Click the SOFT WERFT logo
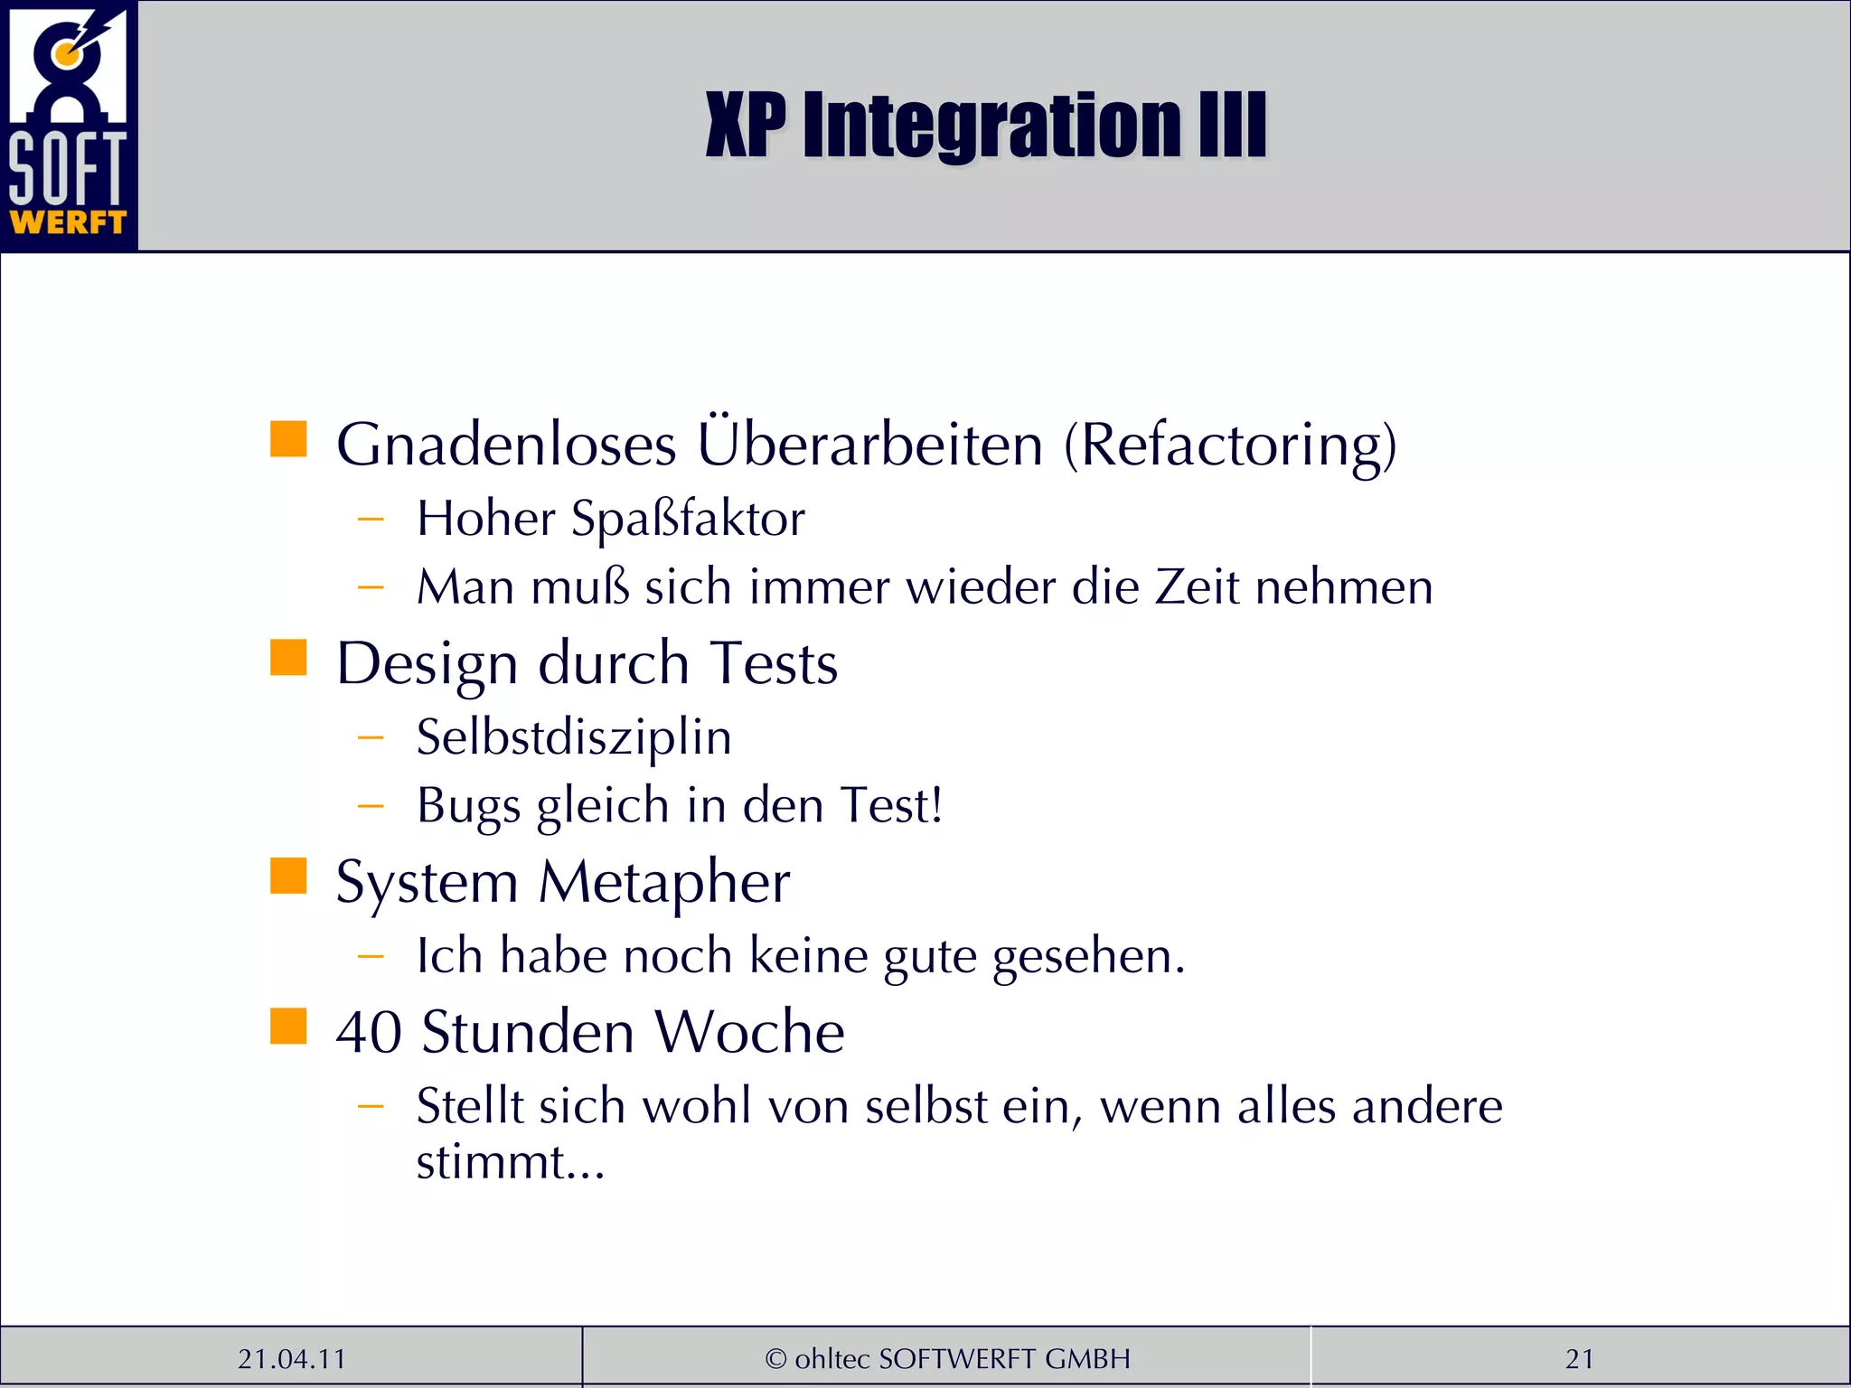(x=69, y=125)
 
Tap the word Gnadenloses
(x=506, y=445)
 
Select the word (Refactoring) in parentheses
(x=1230, y=445)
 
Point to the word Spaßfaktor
(x=688, y=519)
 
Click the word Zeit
(x=1197, y=587)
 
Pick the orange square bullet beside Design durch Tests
(x=288, y=657)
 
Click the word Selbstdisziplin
(x=574, y=736)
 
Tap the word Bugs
(x=468, y=806)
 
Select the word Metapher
(x=664, y=881)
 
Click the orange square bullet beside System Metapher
(x=288, y=876)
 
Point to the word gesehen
(x=1088, y=956)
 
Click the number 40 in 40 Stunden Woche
(x=369, y=1032)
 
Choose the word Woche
(x=749, y=1032)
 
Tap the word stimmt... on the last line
(x=510, y=1162)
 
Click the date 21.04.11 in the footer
(x=292, y=1359)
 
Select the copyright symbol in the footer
(x=775, y=1359)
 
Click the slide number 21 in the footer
(x=1579, y=1359)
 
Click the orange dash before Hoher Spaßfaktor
(x=371, y=520)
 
